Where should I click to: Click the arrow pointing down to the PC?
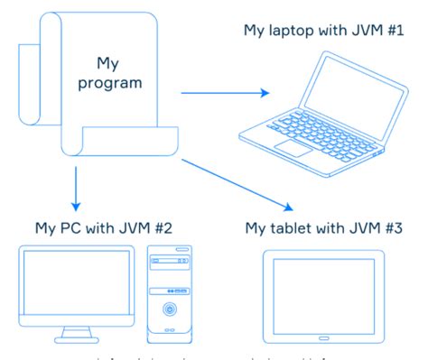[x=76, y=187]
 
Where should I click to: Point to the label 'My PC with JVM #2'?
[x=100, y=226]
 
